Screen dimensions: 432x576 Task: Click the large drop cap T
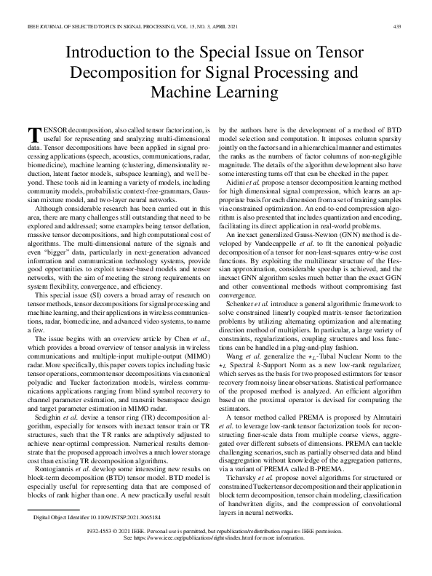click(x=33, y=133)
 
